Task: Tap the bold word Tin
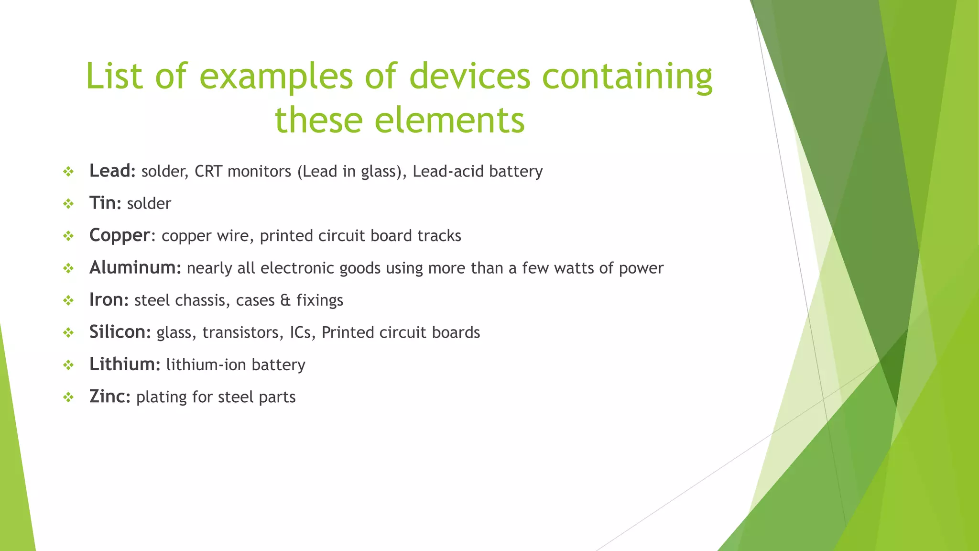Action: (x=103, y=203)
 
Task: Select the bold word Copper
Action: (x=120, y=235)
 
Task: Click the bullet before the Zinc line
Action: (x=68, y=397)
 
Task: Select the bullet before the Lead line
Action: (x=68, y=171)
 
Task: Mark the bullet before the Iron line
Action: (x=68, y=300)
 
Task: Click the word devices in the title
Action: (x=469, y=76)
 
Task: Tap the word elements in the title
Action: (x=449, y=120)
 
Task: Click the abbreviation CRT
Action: (x=208, y=171)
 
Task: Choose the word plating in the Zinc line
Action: (x=161, y=397)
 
